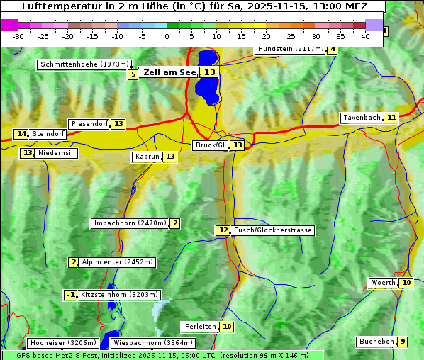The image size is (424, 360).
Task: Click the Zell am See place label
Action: click(x=169, y=72)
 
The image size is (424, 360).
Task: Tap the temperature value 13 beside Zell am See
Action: click(x=209, y=72)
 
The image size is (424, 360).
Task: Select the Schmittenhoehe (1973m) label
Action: click(x=84, y=64)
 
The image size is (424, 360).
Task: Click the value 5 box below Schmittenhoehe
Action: click(x=133, y=74)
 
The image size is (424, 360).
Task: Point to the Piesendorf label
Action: click(x=89, y=124)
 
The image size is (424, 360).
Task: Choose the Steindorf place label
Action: click(x=48, y=134)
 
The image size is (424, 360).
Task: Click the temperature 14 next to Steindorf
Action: click(x=21, y=134)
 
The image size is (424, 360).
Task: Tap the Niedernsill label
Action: click(x=57, y=153)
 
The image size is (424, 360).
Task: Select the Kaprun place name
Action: click(x=147, y=157)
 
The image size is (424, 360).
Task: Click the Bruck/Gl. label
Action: click(x=211, y=145)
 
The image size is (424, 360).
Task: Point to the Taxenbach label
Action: click(x=361, y=118)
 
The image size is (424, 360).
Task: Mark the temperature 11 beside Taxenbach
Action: click(x=391, y=118)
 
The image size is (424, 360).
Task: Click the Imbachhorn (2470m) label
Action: click(x=130, y=224)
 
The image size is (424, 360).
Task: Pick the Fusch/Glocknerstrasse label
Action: click(x=273, y=230)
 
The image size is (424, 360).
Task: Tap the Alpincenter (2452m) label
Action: click(x=117, y=262)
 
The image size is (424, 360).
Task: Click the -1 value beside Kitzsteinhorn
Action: click(x=70, y=295)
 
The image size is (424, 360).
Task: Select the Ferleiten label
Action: click(x=199, y=327)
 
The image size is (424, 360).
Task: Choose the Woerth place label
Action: click(x=383, y=283)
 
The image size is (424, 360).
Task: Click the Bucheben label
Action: click(x=376, y=342)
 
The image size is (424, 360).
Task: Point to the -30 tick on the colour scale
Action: click(x=18, y=36)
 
